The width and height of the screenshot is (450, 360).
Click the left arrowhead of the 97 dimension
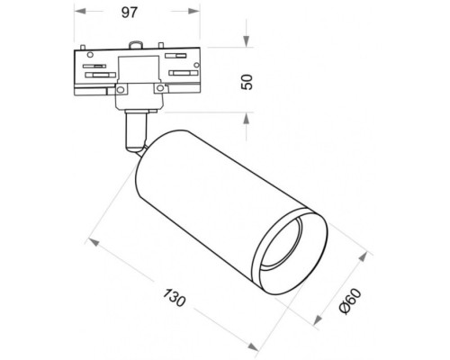(76, 13)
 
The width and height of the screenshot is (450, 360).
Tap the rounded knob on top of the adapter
(136, 43)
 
